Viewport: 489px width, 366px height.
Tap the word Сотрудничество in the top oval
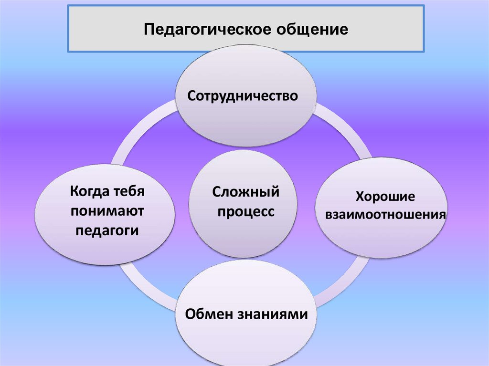(x=243, y=96)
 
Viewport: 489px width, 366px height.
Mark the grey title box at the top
(x=382, y=29)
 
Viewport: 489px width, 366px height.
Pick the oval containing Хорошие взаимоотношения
(x=382, y=239)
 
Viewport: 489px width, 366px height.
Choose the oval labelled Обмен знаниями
(x=246, y=339)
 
